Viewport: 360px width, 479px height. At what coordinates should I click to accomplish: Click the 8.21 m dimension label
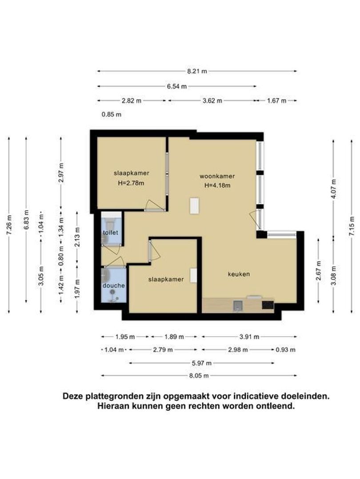click(x=197, y=71)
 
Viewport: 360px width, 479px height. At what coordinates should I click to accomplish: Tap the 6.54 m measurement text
click(x=176, y=86)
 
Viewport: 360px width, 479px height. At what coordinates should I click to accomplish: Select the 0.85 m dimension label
click(x=112, y=114)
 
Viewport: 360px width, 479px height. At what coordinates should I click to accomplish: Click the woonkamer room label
click(x=217, y=176)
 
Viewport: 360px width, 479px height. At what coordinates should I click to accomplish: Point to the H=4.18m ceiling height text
click(x=217, y=185)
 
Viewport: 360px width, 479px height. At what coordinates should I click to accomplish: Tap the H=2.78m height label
click(x=131, y=183)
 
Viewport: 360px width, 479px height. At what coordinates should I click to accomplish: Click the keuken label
click(x=239, y=274)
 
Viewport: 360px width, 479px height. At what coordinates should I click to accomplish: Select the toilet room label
click(x=111, y=232)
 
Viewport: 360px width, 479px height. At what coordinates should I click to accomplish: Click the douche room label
click(x=114, y=286)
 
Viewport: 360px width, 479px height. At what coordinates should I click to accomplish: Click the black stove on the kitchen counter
click(x=268, y=305)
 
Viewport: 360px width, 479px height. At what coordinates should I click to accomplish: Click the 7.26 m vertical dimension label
click(x=9, y=225)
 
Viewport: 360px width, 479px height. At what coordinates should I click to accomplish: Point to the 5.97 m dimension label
click(x=201, y=363)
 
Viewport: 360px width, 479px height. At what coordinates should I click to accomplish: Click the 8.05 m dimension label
click(x=199, y=376)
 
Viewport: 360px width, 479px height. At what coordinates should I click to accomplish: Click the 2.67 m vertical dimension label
click(x=319, y=271)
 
